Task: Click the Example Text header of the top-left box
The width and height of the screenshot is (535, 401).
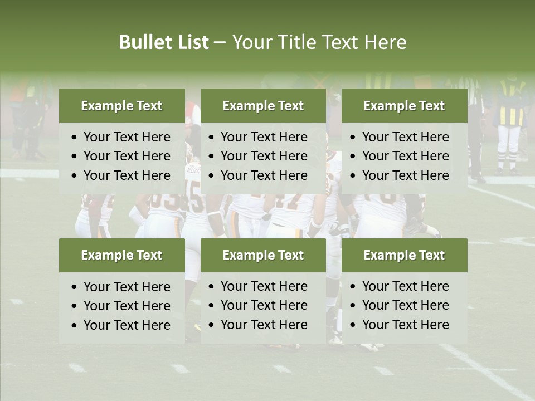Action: [121, 106]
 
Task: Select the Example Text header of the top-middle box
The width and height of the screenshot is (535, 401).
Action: [263, 106]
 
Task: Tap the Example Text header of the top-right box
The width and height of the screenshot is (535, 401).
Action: [404, 106]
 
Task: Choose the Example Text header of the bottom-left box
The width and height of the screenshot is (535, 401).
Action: [121, 255]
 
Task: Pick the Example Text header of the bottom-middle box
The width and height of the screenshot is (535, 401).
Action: [263, 255]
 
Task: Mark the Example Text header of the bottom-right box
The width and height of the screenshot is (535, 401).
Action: [404, 255]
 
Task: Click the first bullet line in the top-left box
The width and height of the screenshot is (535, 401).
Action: [127, 137]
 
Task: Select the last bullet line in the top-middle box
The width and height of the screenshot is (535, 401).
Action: [264, 175]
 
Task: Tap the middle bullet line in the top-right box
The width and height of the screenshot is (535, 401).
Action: [406, 156]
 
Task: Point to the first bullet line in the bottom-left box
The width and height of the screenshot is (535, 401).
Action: [127, 287]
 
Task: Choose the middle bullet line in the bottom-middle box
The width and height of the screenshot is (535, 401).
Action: [264, 305]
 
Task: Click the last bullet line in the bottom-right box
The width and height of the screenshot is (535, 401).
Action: [406, 325]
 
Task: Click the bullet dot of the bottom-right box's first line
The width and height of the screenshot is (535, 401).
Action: [353, 287]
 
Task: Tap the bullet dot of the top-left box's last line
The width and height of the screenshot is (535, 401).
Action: [75, 176]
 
